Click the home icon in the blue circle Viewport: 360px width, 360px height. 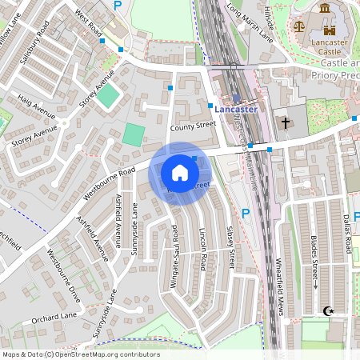[180, 173]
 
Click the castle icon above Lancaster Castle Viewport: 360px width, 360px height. [325, 9]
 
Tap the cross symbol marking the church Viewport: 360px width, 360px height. [286, 123]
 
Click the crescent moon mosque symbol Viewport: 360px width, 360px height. [326, 310]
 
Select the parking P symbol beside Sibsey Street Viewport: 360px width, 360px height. [246, 214]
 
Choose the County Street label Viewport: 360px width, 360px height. [193, 126]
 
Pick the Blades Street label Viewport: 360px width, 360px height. [315, 263]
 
